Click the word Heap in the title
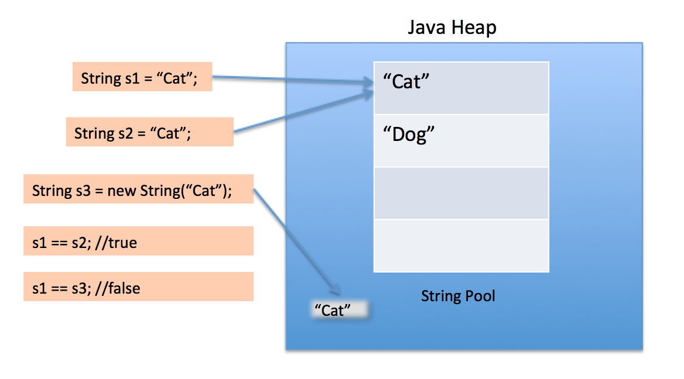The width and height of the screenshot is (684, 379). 474,27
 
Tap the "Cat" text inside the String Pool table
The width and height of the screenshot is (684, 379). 406,82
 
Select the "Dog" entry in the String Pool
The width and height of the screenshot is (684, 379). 408,135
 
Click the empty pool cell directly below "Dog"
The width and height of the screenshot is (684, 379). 461,193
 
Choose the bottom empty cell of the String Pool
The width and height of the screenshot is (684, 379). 461,245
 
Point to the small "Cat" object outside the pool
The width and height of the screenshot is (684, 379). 337,310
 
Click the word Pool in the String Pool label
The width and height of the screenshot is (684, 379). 478,296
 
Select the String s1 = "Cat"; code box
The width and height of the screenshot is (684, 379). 142,78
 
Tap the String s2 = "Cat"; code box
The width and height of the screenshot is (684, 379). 149,133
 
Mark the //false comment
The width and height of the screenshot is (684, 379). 118,288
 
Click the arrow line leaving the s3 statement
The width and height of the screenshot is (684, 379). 296,240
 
